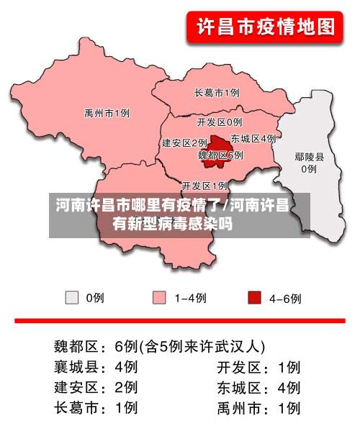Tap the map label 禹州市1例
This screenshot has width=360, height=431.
tap(107, 113)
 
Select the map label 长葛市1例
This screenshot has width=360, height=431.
tap(217, 93)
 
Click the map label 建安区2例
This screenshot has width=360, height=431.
tap(184, 142)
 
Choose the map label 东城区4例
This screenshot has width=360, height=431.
tap(253, 138)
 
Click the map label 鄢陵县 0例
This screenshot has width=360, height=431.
tap(309, 163)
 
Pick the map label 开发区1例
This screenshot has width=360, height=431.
tap(204, 185)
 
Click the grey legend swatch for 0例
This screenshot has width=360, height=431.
tap(72, 297)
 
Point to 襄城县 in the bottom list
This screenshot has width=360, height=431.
tap(79, 366)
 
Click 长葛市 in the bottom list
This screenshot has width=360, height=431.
tap(79, 408)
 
